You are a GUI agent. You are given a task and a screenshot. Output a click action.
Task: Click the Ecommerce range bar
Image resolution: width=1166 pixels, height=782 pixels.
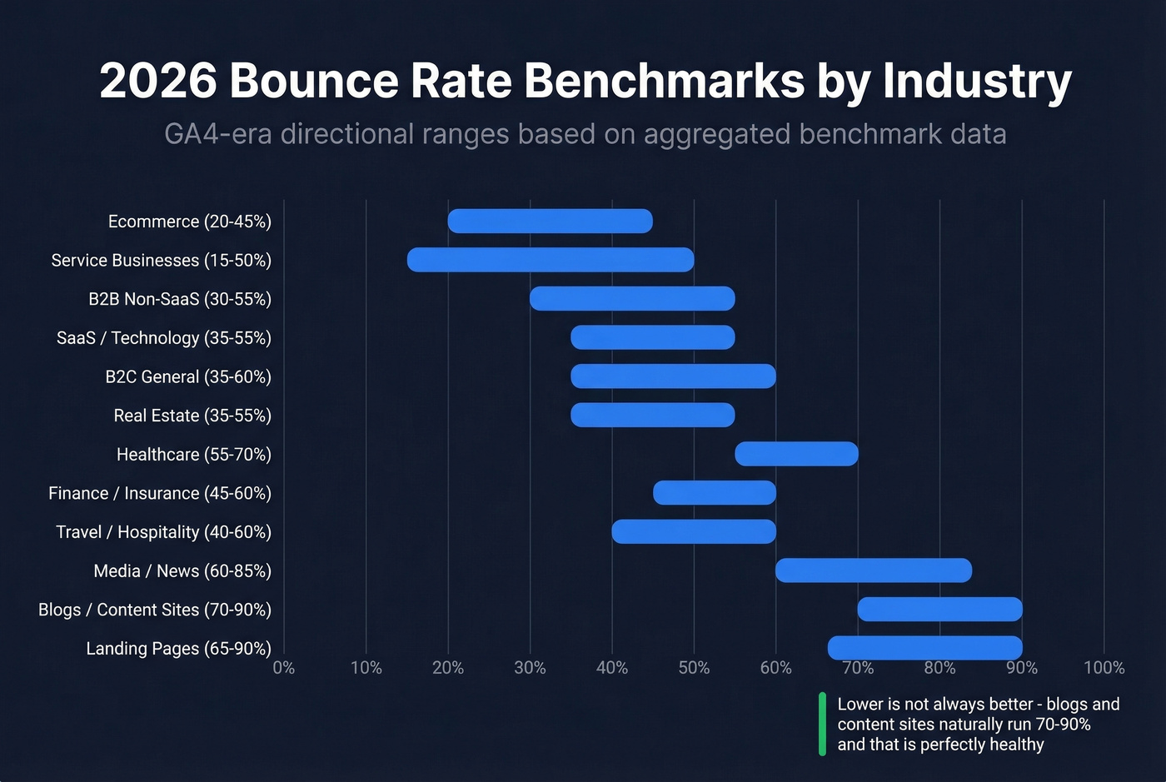[550, 222]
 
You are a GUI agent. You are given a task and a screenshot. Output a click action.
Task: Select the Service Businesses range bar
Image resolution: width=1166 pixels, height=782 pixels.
[550, 260]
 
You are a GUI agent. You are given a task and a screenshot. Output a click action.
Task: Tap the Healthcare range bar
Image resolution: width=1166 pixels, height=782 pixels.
[796, 454]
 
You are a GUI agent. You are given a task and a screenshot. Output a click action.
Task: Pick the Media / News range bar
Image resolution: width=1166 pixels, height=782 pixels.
[873, 570]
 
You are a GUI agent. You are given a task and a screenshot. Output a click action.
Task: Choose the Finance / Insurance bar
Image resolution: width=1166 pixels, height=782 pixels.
[715, 493]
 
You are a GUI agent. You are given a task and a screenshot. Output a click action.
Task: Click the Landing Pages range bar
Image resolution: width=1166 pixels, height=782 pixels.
[924, 648]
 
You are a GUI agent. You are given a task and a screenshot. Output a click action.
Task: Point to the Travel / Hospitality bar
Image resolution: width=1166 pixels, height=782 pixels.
[694, 531]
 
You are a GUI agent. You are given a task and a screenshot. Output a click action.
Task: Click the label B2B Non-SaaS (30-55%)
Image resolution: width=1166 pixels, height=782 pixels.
[180, 299]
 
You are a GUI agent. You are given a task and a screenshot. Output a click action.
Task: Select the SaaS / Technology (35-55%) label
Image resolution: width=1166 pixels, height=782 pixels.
[164, 338]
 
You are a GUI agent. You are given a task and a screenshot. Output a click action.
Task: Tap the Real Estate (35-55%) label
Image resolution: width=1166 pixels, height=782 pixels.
[192, 416]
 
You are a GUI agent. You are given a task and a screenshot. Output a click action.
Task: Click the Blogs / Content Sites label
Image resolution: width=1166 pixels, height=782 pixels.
[155, 610]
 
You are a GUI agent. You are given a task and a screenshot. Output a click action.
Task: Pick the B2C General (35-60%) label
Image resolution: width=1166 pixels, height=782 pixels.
[188, 376]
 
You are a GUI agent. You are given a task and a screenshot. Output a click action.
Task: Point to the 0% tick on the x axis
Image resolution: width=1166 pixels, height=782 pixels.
[283, 668]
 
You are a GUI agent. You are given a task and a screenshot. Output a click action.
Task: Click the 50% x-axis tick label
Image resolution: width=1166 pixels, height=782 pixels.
[694, 668]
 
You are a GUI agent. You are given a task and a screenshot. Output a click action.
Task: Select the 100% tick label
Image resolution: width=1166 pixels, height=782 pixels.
[1104, 668]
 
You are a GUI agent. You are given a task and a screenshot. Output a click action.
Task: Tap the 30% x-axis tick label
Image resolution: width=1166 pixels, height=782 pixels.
[530, 668]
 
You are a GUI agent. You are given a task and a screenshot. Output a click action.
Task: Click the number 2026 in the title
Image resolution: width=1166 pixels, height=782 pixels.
[157, 81]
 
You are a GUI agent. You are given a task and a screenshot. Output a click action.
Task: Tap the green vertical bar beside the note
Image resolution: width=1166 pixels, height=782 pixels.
[822, 724]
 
